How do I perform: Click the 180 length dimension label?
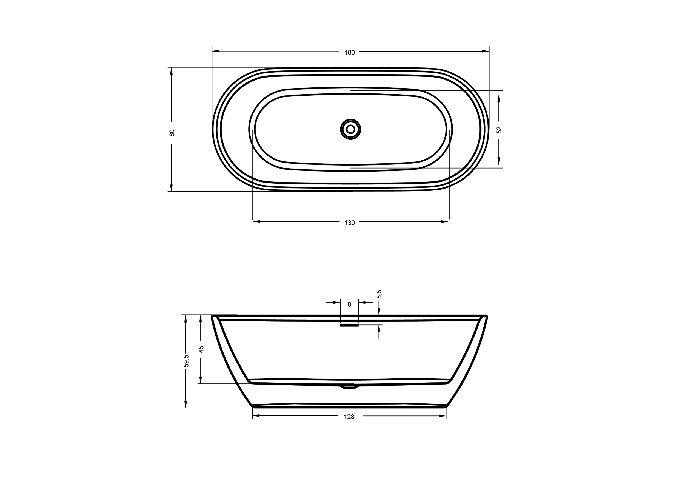click(x=350, y=52)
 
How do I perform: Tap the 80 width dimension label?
click(x=172, y=133)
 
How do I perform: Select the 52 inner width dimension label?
click(x=499, y=130)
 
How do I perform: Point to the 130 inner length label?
click(x=350, y=223)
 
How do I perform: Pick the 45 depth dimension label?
click(x=201, y=349)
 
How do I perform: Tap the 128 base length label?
click(x=349, y=417)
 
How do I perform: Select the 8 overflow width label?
click(x=349, y=304)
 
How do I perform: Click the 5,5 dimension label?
click(x=379, y=294)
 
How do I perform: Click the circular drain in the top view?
click(x=350, y=129)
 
